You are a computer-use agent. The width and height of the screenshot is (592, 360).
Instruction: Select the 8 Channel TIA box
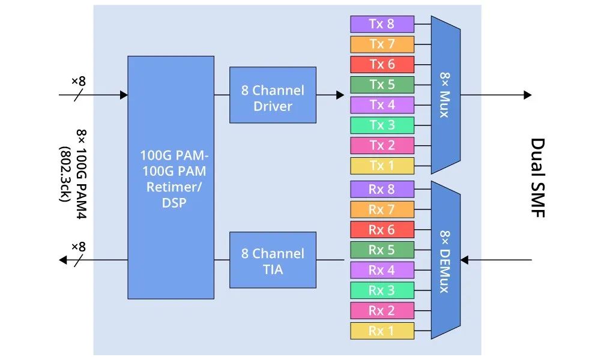click(x=273, y=260)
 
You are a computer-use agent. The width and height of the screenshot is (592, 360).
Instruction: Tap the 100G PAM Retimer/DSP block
click(x=171, y=178)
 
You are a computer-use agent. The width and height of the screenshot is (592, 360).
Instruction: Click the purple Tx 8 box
click(x=382, y=24)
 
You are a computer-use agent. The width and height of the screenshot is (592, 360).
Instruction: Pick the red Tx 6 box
click(x=382, y=64)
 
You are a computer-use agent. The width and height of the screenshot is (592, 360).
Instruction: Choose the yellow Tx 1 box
click(x=382, y=166)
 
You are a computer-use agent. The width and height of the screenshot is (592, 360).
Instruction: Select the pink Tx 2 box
click(x=382, y=145)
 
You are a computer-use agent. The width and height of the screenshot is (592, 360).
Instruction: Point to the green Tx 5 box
click(x=382, y=85)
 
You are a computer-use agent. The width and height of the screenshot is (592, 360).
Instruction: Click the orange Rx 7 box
click(x=382, y=209)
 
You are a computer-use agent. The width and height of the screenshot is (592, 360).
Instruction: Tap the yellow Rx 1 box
click(x=382, y=331)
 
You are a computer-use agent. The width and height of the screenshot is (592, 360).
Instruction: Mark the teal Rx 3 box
click(x=382, y=290)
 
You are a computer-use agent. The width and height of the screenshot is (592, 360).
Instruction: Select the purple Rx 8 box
click(x=382, y=189)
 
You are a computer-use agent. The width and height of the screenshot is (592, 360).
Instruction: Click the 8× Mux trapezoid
click(x=445, y=95)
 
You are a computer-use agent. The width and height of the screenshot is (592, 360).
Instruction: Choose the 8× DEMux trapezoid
click(x=445, y=260)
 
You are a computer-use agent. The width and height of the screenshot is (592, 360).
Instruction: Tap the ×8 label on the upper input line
click(x=79, y=80)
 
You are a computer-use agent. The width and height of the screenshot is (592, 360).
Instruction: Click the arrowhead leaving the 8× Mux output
click(x=527, y=95)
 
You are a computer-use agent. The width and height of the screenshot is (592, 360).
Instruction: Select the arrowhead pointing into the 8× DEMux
click(x=464, y=260)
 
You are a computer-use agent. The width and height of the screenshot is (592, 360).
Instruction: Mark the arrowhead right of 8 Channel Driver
click(x=340, y=95)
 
